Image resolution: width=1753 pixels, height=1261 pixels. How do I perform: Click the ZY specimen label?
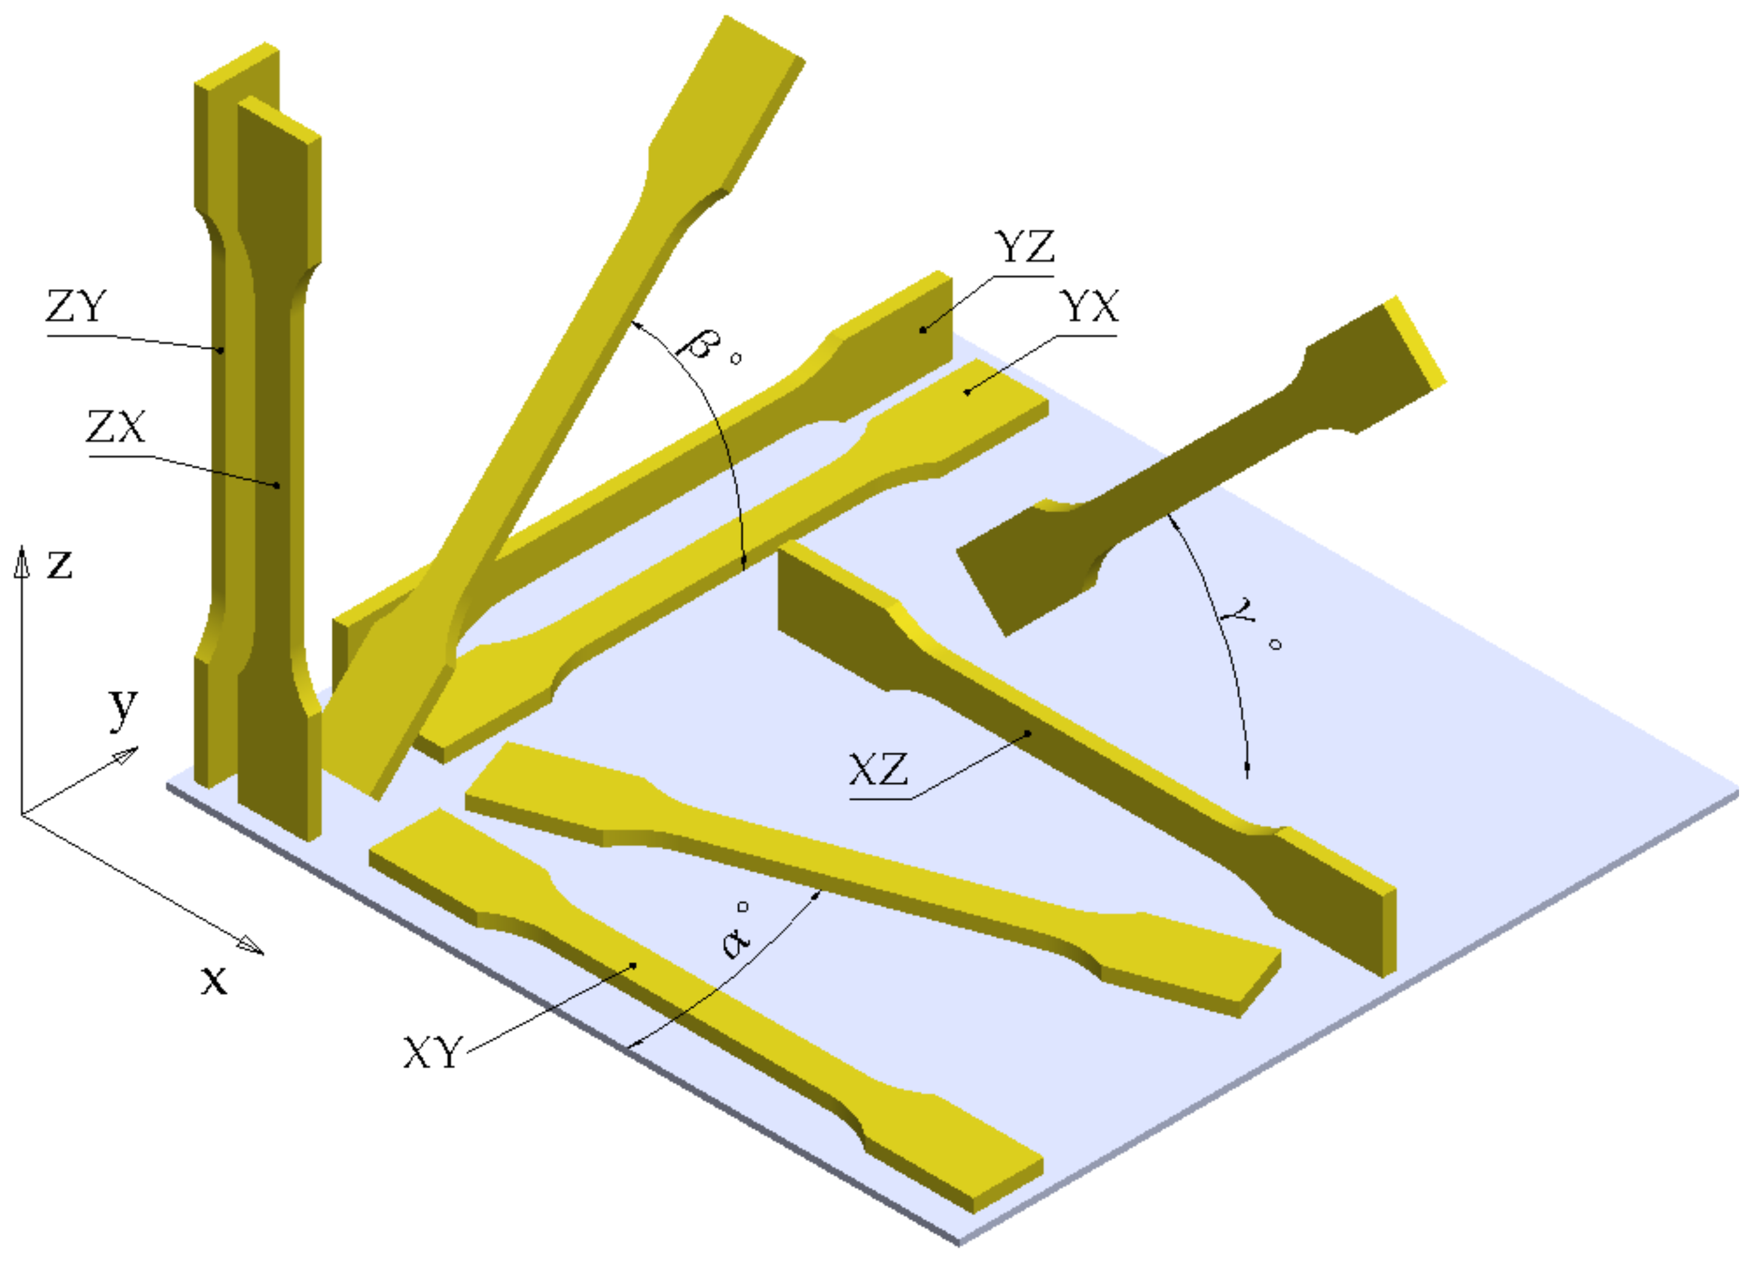pos(76,306)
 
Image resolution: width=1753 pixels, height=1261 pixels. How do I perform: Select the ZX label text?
pos(116,426)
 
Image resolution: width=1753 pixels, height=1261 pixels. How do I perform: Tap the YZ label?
pos(1025,247)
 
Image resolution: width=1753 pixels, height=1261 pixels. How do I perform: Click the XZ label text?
pos(879,769)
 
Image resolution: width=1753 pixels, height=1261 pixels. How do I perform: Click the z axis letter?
pos(59,564)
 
